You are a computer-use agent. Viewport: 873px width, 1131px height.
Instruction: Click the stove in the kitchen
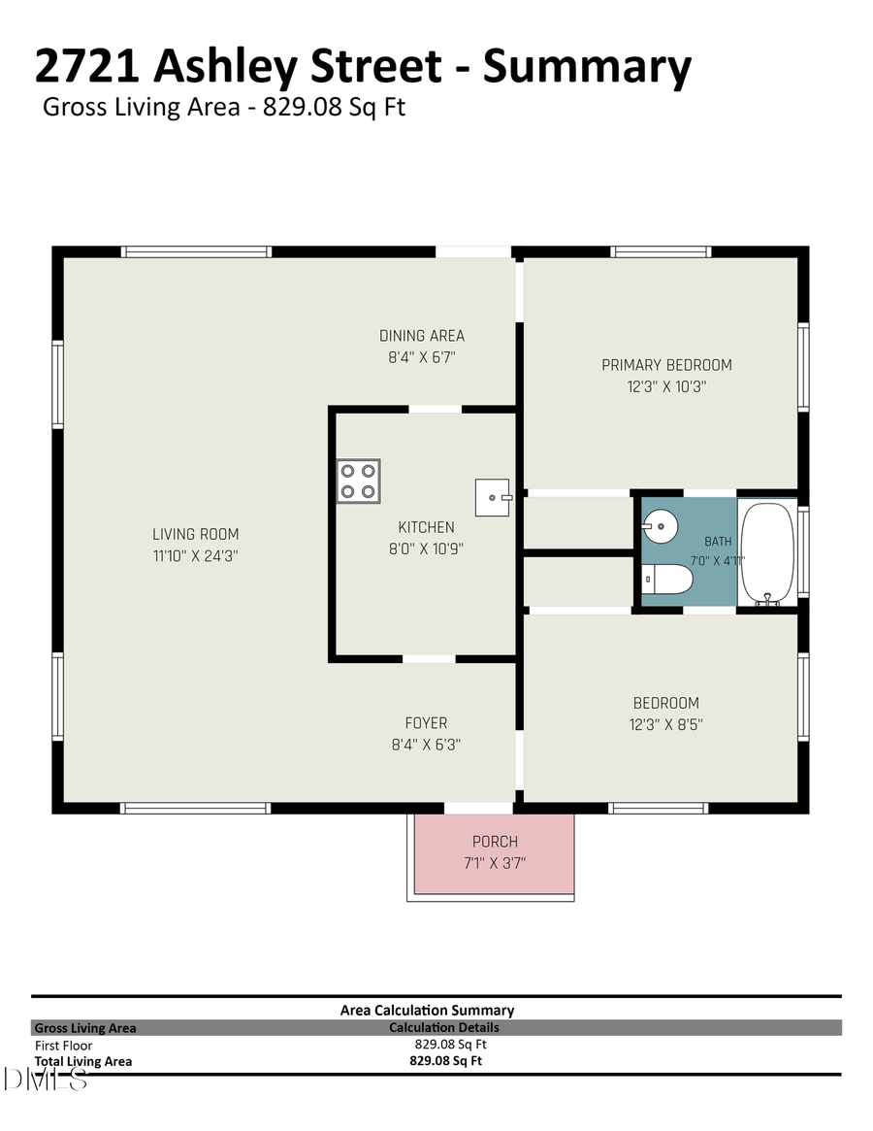tap(358, 482)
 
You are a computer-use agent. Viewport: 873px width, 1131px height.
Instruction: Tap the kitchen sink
tap(493, 498)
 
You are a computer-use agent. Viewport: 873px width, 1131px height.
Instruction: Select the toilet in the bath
tap(666, 580)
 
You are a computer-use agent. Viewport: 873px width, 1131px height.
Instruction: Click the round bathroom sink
tap(660, 526)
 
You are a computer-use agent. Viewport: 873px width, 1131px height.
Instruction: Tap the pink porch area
tap(495, 853)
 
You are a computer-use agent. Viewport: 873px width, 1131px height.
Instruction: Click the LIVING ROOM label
tap(195, 535)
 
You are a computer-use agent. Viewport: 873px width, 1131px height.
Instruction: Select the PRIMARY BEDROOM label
tap(666, 365)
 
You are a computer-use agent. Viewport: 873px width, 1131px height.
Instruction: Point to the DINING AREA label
tap(422, 335)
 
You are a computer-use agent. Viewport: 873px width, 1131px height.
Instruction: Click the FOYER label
tap(426, 722)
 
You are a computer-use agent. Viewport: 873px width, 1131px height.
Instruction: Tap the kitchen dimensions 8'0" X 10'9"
tap(426, 549)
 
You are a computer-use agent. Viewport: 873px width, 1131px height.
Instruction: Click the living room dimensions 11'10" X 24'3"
tap(195, 556)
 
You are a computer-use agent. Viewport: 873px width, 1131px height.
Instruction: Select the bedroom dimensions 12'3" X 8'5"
tap(666, 724)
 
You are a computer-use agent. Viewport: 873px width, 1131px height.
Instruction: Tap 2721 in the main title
tap(87, 66)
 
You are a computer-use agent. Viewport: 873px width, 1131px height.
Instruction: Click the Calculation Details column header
tap(444, 1027)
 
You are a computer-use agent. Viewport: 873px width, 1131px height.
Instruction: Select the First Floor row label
tap(63, 1046)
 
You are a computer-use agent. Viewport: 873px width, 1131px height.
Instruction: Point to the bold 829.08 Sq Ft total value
tap(445, 1060)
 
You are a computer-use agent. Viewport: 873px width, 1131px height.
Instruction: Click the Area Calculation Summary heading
tap(428, 1010)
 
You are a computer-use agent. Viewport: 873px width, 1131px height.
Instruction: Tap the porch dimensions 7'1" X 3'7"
tap(495, 863)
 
